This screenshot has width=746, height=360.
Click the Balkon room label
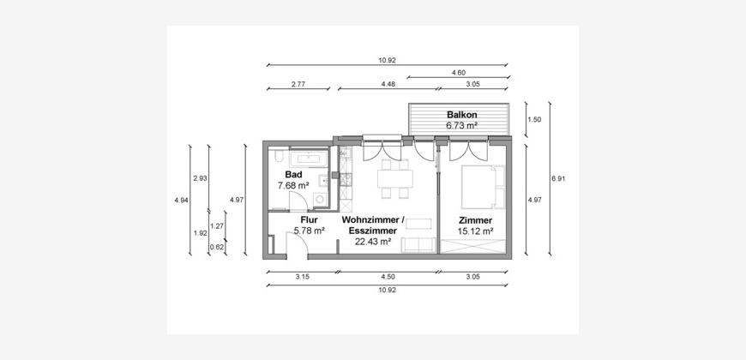(x=461, y=115)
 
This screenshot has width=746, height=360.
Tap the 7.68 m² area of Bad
(x=293, y=185)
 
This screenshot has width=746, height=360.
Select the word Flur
(x=309, y=220)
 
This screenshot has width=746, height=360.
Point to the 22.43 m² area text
(x=373, y=242)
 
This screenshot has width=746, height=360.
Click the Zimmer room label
(x=475, y=220)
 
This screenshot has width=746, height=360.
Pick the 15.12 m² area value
(x=475, y=231)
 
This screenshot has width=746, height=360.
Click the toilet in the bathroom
(x=279, y=158)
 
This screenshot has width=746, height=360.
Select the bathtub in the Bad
(x=310, y=159)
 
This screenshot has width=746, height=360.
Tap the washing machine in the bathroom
(x=320, y=199)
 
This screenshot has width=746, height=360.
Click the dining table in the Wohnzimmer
(x=395, y=179)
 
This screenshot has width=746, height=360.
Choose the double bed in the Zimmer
(x=478, y=187)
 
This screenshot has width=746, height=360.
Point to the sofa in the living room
(x=418, y=245)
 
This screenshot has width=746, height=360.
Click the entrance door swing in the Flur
(x=297, y=245)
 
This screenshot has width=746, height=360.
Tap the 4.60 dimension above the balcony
(x=458, y=73)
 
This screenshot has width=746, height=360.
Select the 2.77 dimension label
(x=298, y=84)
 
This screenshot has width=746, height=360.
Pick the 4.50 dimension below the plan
(x=388, y=276)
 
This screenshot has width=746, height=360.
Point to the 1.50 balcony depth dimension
(x=534, y=120)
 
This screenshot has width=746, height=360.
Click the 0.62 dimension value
(x=216, y=247)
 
